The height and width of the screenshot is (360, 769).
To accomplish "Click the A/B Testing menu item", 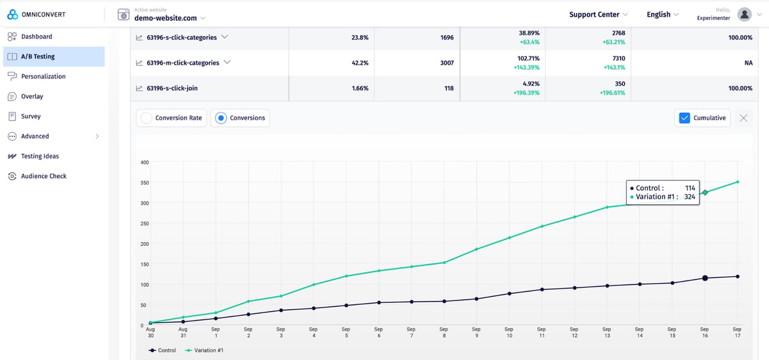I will pos(38,56).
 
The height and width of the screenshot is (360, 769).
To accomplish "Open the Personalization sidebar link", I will pos(43,76).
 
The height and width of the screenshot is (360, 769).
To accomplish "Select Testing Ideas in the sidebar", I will pos(39,156).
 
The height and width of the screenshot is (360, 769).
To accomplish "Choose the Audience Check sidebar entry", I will pos(43,176).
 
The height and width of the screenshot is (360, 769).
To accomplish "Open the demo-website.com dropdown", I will pos(170,18).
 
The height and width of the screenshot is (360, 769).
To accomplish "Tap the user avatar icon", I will pos(744,14).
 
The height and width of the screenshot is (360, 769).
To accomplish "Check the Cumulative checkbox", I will pos(684,118).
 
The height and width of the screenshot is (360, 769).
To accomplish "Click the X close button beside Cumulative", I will pos(743,118).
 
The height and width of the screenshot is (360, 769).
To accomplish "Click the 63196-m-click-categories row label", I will pos(183,63).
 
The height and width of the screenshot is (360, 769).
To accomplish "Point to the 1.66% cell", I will pos(360,88).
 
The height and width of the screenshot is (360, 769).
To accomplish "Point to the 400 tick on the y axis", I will pos(145,163).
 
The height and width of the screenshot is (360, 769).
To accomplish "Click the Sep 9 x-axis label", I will pos(476,332).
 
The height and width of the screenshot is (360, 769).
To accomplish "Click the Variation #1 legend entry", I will pos(204,350).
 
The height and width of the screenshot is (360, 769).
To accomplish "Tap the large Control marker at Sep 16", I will pos(705,278).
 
